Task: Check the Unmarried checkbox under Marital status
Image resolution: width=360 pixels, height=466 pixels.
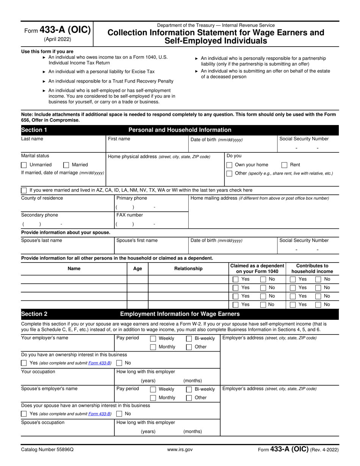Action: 24,165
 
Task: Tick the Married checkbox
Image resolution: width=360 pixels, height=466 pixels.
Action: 66,165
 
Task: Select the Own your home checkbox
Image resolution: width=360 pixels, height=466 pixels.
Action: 229,165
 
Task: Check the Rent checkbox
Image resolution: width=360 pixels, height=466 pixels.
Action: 284,165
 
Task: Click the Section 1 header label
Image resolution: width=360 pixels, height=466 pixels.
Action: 34,130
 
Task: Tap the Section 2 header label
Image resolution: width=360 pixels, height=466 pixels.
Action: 34,314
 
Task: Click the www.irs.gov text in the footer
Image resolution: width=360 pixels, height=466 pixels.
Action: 180,450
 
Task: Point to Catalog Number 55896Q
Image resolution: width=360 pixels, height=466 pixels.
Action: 47,450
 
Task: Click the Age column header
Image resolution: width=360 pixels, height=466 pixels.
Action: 138,269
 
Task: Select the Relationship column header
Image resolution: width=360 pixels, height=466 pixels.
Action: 188,269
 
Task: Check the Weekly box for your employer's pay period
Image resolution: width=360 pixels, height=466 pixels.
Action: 153,338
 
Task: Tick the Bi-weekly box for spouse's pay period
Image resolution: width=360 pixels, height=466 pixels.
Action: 189,389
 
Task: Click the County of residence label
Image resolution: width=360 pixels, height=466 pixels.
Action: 42,198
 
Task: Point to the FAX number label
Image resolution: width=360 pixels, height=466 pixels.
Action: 130,215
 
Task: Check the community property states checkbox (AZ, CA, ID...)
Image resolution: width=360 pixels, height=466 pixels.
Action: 24,190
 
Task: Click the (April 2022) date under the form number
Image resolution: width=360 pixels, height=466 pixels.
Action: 57,39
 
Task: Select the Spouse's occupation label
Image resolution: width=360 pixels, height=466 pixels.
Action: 43,422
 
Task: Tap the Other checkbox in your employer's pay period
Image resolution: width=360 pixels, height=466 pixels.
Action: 189,347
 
